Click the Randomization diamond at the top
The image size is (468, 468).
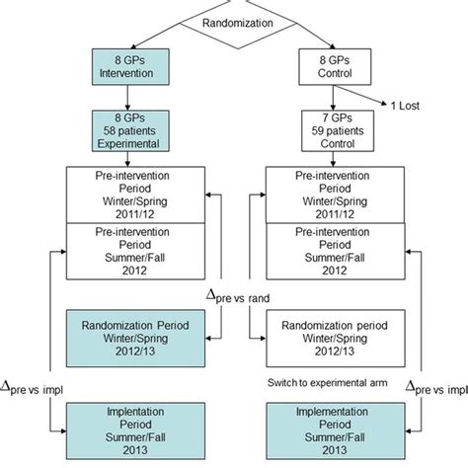tap(234, 23)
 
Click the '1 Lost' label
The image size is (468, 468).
tap(409, 102)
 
